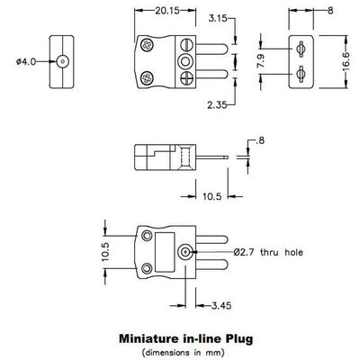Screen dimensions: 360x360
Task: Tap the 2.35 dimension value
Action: point(216,104)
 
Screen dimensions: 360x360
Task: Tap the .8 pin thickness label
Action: point(258,140)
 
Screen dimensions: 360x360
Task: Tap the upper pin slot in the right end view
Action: point(300,49)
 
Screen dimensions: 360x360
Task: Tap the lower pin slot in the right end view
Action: point(300,73)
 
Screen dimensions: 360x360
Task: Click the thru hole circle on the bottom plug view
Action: point(186,251)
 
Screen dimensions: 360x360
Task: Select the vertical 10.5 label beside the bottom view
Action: point(103,250)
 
